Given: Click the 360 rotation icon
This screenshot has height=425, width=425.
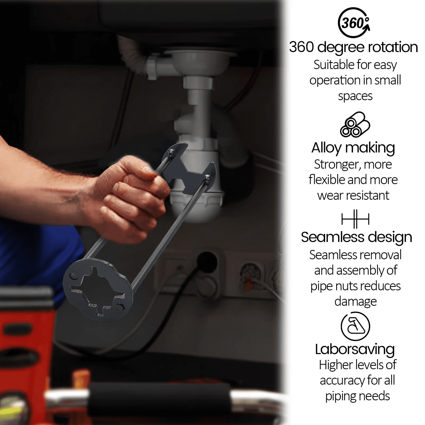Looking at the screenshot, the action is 354,23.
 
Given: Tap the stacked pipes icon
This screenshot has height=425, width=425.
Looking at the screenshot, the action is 355,125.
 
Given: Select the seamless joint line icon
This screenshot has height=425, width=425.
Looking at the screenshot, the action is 355,219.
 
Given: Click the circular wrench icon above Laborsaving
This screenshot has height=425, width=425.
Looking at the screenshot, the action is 355,326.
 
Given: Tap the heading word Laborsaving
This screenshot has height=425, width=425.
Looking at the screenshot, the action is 355,349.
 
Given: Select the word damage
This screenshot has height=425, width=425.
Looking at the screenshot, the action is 355,301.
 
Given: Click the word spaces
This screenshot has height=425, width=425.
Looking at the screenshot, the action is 355,96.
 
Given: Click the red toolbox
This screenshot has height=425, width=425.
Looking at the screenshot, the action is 25,353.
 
